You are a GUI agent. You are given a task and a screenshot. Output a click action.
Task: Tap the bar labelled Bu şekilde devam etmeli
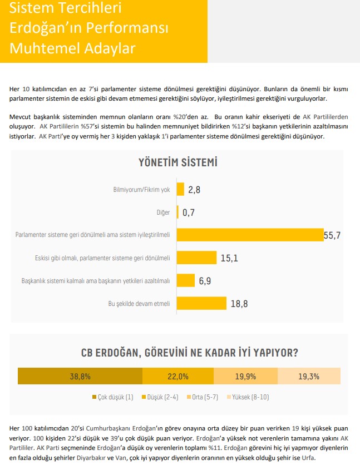pos(201,303)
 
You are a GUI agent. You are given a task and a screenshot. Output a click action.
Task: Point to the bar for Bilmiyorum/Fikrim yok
pos(180,189)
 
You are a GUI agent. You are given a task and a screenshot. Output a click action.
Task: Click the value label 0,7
pos(189,212)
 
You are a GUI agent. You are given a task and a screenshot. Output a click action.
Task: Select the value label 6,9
pos(205,280)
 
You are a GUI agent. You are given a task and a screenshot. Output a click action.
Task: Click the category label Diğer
pos(164,212)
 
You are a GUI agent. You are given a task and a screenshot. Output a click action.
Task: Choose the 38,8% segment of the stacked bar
pos(80,377)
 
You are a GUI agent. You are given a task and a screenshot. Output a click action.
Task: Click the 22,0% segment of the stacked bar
pos(178,377)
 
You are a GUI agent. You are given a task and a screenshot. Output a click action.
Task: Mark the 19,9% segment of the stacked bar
pos(245,377)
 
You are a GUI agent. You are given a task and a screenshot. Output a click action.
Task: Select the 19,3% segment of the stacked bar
pos(309,377)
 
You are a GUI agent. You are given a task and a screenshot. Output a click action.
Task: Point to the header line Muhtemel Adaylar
pos(73,48)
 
